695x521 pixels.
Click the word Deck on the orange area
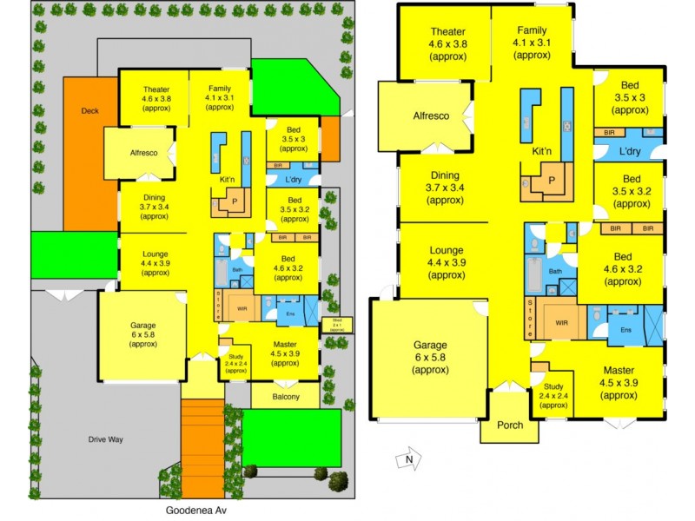(89, 111)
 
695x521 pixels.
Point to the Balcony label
(284, 398)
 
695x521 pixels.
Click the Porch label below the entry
(508, 426)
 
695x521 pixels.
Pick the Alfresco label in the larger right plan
(430, 115)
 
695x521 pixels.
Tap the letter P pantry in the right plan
(551, 180)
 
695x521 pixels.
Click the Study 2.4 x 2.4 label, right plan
(553, 394)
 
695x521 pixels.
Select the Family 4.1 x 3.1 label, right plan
(531, 43)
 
